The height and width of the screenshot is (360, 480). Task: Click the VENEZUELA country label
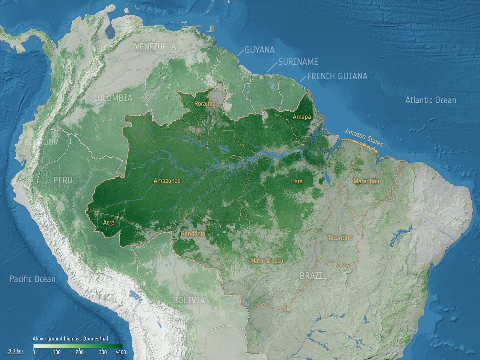pyautogui.click(x=156, y=46)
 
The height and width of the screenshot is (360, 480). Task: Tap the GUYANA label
pyautogui.click(x=260, y=50)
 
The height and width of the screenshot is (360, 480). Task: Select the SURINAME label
pyautogui.click(x=298, y=62)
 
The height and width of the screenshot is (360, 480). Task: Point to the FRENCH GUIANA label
pyautogui.click(x=337, y=76)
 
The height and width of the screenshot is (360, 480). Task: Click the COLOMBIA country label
pyautogui.click(x=113, y=98)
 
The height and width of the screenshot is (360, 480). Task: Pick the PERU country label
pyautogui.click(x=63, y=180)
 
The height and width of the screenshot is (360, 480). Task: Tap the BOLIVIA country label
pyautogui.click(x=189, y=300)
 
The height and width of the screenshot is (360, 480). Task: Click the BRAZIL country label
pyautogui.click(x=313, y=276)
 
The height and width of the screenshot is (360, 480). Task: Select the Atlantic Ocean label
pyautogui.click(x=430, y=100)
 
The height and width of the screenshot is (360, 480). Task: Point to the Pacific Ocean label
pyautogui.click(x=32, y=279)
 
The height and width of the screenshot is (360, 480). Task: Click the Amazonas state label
pyautogui.click(x=167, y=181)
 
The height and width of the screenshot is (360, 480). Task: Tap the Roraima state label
pyautogui.click(x=205, y=104)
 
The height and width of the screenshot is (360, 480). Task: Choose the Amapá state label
pyautogui.click(x=302, y=117)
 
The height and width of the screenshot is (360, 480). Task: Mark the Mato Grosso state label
pyautogui.click(x=267, y=260)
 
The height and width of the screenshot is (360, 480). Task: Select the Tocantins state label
pyautogui.click(x=340, y=238)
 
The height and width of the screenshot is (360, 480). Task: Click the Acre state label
pyautogui.click(x=108, y=222)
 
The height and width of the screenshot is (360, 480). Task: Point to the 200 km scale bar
pyautogui.click(x=15, y=351)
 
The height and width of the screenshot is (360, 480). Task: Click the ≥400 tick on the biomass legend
pyautogui.click(x=121, y=352)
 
